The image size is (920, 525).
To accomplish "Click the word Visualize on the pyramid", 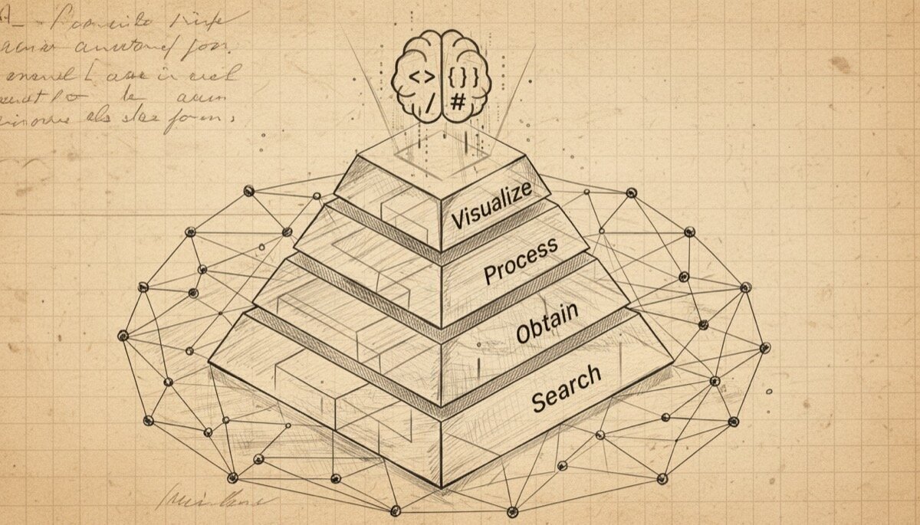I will coord(491,206).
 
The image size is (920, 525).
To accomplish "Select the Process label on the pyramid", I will coord(521,261).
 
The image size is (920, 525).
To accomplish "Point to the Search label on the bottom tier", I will coord(566,388).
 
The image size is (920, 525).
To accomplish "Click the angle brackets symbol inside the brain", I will coord(420,77).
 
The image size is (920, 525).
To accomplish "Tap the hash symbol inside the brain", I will coord(457,100).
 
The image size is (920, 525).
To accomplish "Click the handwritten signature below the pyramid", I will coord(212,500).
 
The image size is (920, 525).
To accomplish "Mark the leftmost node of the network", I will coord(123,335).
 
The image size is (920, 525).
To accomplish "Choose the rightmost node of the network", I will coord(764,347).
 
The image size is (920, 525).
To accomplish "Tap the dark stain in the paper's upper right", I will coord(841,65).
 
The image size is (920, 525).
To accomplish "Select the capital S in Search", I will coord(538,400).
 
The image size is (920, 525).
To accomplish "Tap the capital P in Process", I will coord(491,273).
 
